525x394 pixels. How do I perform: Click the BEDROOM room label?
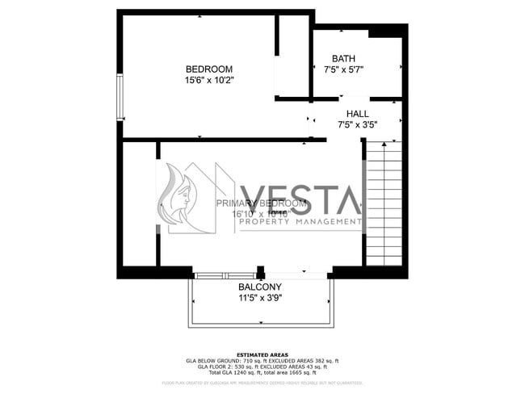(x=208, y=69)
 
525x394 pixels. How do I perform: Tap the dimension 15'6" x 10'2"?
(x=208, y=80)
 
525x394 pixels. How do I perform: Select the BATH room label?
(x=343, y=58)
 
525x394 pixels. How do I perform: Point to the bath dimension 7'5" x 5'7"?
(x=343, y=69)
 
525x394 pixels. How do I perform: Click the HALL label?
(x=358, y=114)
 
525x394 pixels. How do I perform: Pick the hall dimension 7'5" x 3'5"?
(x=358, y=125)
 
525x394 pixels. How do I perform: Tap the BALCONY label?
(x=259, y=287)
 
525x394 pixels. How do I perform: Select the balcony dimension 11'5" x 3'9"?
(x=259, y=297)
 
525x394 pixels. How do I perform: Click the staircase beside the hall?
(x=384, y=202)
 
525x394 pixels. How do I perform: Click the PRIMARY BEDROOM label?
(x=261, y=203)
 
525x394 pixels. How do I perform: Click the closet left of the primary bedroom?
(x=138, y=203)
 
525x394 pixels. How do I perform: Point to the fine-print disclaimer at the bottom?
(x=262, y=383)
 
